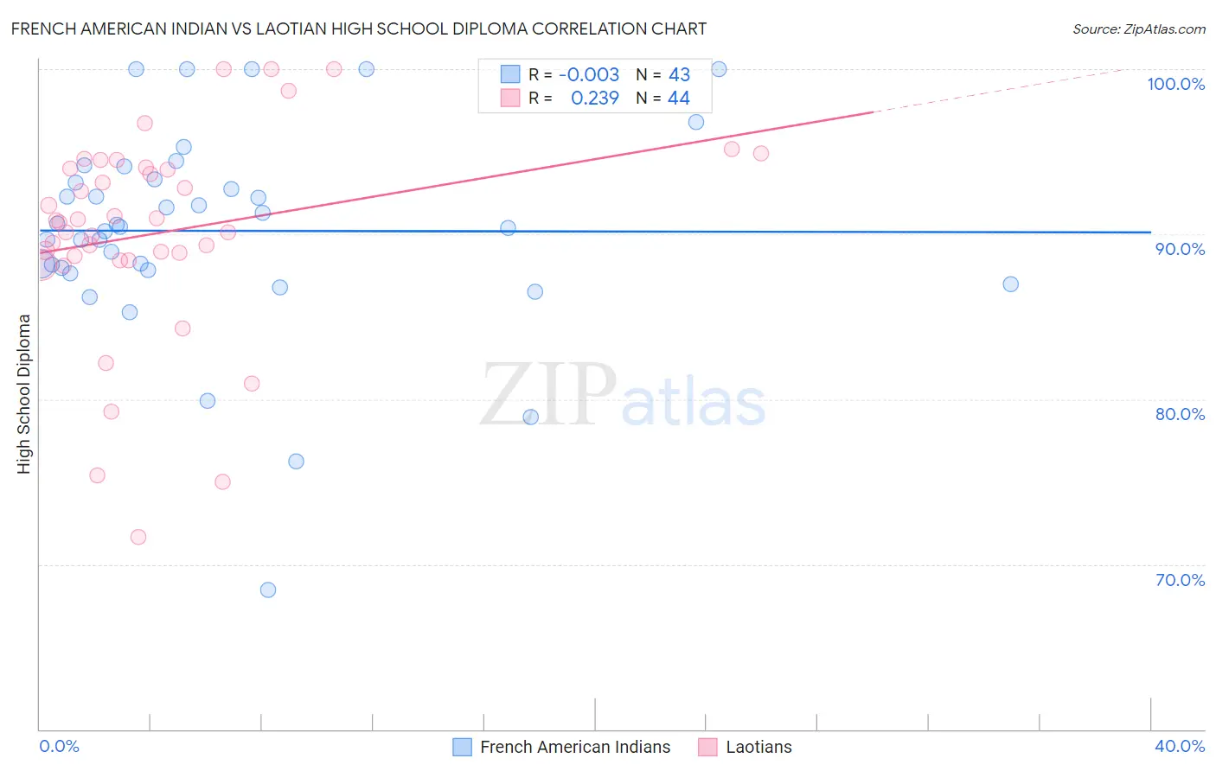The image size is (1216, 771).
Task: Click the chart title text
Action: [359, 29]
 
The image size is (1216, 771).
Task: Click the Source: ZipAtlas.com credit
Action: [1138, 29]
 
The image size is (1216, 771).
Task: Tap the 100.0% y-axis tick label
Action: [1175, 84]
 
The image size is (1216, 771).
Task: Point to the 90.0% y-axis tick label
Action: [1180, 249]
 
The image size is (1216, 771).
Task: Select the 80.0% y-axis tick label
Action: [1180, 414]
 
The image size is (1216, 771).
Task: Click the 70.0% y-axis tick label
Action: [1180, 580]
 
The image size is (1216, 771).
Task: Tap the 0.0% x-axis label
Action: [59, 746]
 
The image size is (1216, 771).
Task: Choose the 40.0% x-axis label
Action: [1180, 746]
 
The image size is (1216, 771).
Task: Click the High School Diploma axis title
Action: [24, 393]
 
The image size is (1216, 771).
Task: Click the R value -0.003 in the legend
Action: [589, 75]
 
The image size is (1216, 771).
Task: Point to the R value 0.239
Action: [595, 99]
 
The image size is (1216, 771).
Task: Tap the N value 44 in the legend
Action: [679, 99]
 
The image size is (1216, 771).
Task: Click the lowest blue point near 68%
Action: [268, 590]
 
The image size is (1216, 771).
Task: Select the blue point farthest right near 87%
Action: [1010, 284]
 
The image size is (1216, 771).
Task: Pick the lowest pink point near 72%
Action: [138, 537]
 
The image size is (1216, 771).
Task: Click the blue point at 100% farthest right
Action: [719, 69]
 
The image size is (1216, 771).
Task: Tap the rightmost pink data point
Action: [761, 154]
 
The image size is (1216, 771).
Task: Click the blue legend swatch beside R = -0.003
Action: [510, 75]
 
